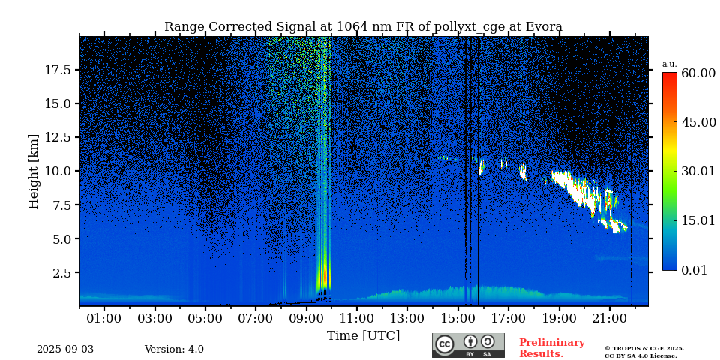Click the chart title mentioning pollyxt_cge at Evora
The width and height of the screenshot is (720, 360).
point(363,27)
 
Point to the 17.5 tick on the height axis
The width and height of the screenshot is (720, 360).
point(58,70)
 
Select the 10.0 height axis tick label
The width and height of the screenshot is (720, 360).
point(58,171)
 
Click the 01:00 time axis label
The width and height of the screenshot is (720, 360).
point(103,319)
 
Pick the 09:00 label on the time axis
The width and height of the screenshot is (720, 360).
point(306,319)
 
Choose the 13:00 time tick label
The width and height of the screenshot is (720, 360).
point(407,319)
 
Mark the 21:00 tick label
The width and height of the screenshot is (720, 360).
point(609,319)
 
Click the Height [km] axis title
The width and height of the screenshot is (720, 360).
point(34,171)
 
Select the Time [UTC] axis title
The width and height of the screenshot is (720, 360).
point(363,335)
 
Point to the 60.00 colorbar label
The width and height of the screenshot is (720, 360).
point(697,73)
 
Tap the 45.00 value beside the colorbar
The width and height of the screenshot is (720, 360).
point(697,122)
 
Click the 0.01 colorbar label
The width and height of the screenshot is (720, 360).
point(694,270)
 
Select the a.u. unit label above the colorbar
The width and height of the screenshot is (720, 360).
point(669,64)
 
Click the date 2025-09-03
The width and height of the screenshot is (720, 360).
point(65,349)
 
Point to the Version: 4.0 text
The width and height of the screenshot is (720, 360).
point(174,349)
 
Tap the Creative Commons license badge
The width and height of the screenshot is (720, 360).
point(468,345)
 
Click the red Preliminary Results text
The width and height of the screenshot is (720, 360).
point(551,348)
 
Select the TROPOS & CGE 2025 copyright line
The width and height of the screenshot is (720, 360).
point(644,348)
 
